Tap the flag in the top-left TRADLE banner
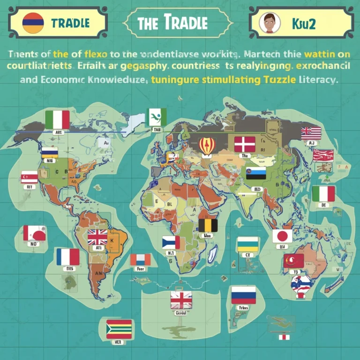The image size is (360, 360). [33, 22]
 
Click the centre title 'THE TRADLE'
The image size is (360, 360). [180, 22]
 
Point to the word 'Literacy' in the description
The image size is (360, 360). [317, 80]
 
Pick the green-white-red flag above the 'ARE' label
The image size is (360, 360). [58, 120]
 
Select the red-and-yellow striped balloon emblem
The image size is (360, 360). [207, 146]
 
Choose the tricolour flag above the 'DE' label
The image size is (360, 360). [323, 194]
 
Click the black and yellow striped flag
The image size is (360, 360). [208, 225]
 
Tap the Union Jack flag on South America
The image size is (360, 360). [97, 237]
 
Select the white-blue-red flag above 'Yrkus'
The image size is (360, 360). [243, 295]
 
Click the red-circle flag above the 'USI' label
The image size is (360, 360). [282, 236]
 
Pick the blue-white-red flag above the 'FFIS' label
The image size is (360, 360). [68, 257]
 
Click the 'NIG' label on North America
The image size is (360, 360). [49, 159]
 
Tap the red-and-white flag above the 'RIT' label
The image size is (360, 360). [29, 177]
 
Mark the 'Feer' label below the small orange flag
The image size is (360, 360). [141, 269]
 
